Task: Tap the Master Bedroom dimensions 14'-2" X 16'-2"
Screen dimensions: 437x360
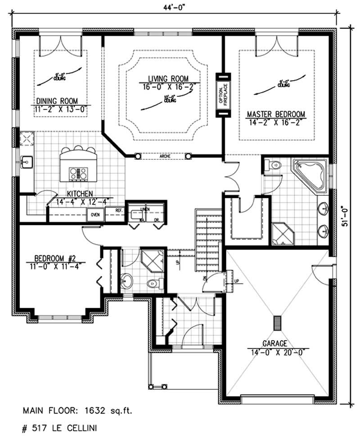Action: point(276,121)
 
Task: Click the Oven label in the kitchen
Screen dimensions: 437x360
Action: point(95,215)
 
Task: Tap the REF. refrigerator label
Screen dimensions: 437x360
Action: point(119,210)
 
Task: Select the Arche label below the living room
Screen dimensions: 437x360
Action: point(163,157)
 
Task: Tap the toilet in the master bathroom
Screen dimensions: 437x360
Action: point(274,166)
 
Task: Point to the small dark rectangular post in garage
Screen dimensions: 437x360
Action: point(277,323)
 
